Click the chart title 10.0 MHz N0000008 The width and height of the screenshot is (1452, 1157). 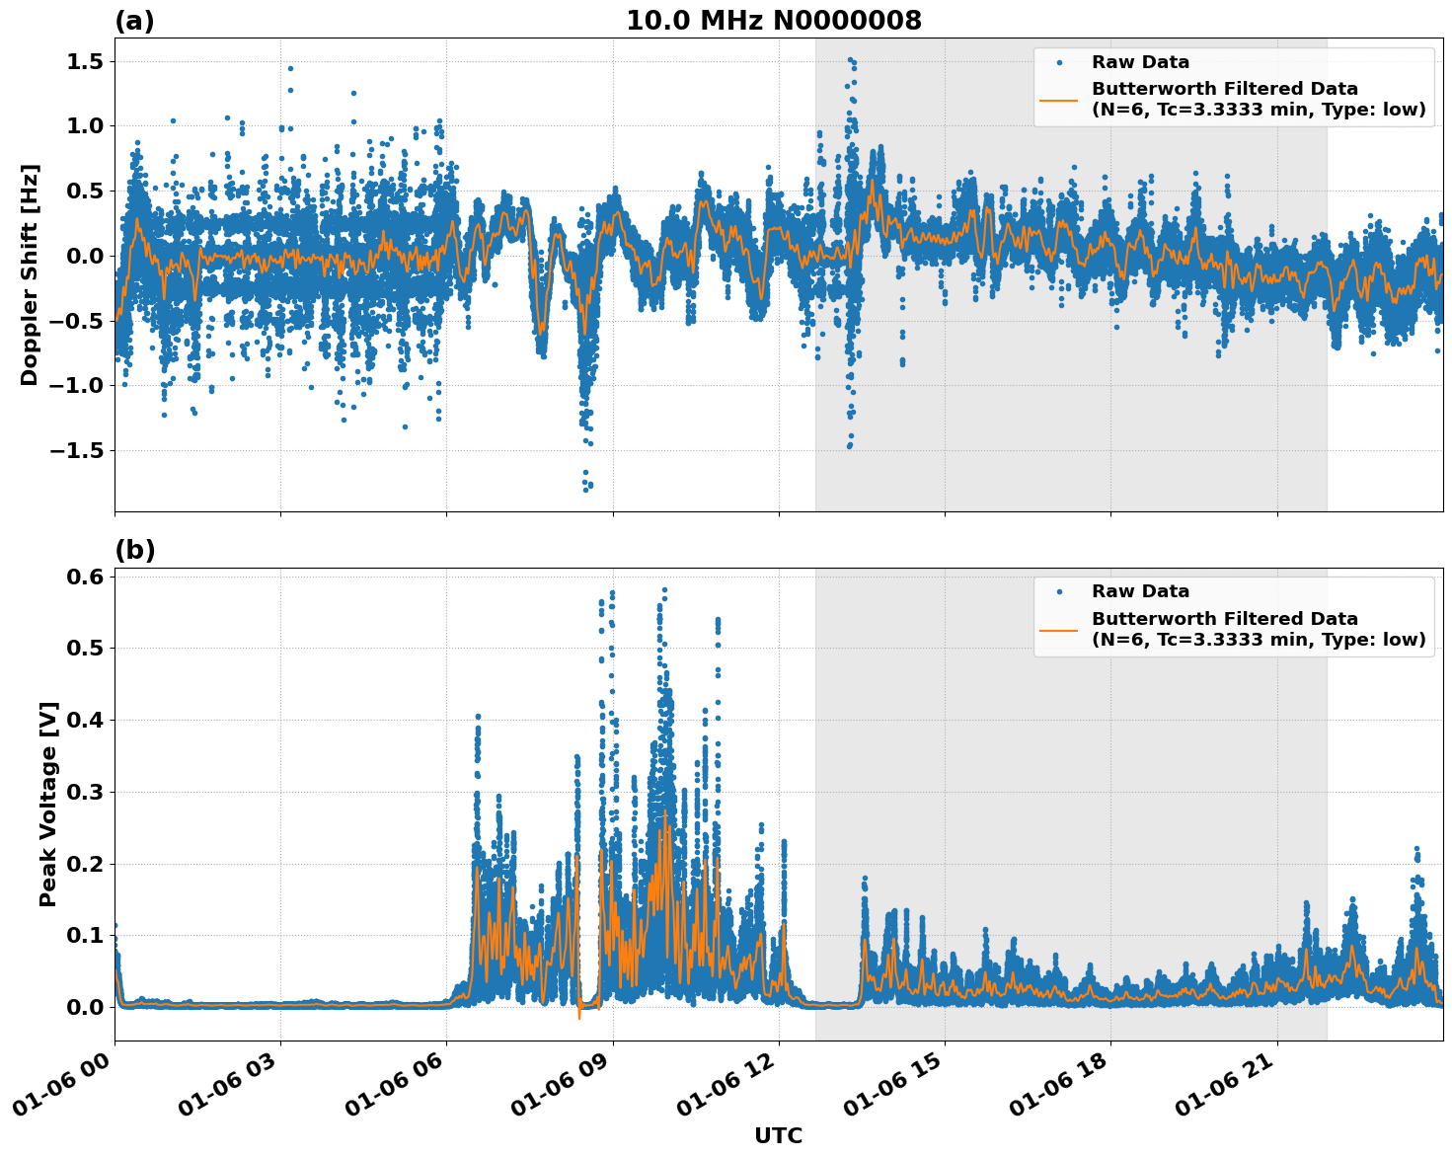773,21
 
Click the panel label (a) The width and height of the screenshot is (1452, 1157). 134,21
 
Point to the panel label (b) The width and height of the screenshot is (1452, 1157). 134,550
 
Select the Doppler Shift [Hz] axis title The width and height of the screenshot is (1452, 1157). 30,274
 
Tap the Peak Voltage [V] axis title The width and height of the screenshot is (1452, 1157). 48,804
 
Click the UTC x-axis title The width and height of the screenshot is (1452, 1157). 778,1135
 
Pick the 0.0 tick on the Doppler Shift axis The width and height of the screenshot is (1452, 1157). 87,256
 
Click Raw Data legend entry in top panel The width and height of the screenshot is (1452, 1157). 1140,62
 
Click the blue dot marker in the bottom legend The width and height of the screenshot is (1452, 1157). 1059,591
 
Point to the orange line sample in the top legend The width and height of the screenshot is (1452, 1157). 1059,99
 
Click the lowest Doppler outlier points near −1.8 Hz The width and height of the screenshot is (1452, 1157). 586,485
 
